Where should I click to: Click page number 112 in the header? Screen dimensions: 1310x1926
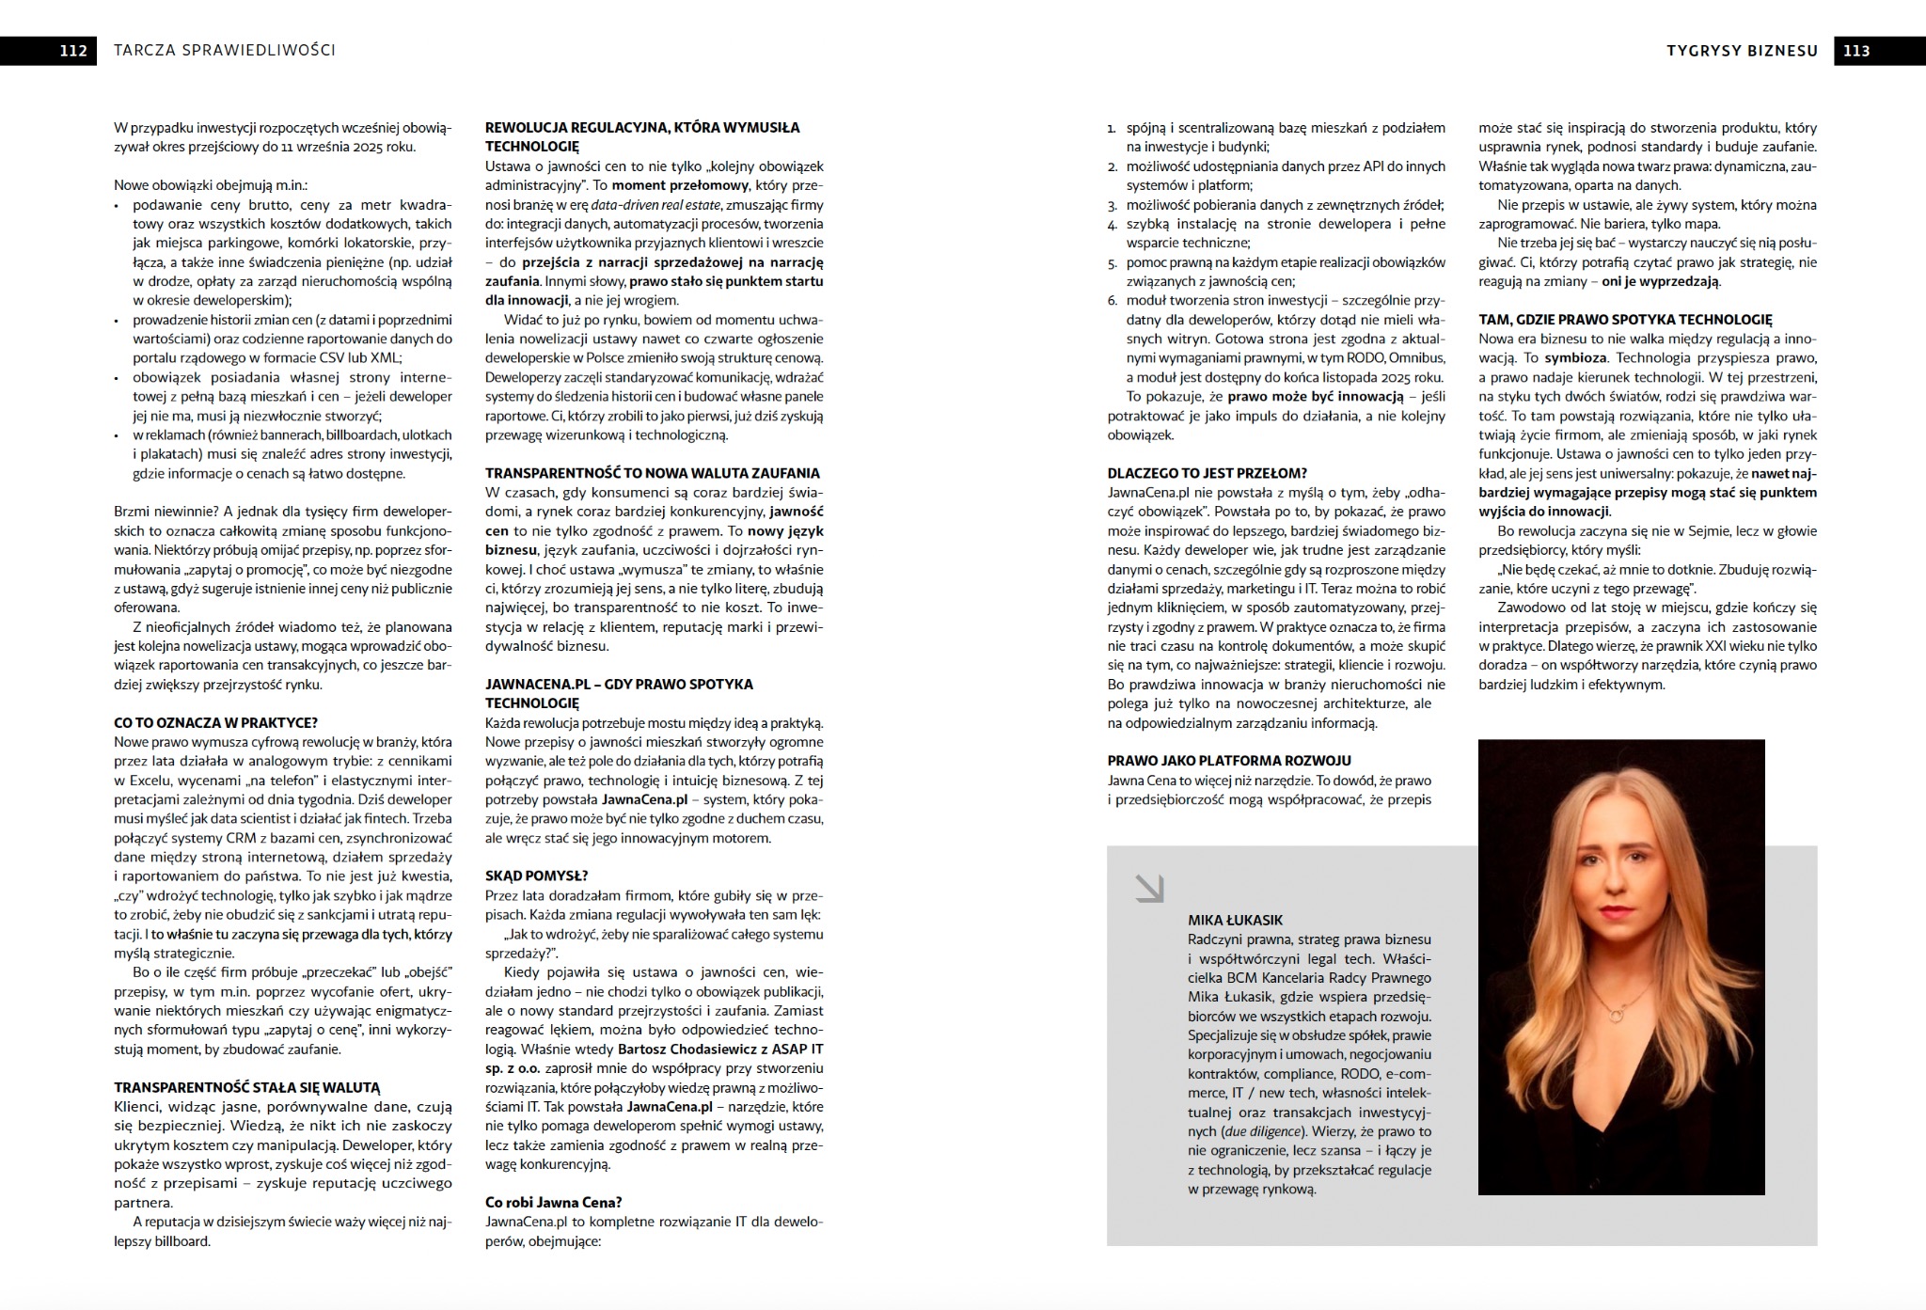72,51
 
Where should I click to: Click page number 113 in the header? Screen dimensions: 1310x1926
1855,51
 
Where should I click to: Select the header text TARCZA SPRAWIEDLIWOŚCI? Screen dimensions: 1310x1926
224,51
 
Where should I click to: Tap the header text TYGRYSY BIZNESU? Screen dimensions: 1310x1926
1743,51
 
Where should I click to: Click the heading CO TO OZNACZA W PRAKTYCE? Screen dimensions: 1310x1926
215,722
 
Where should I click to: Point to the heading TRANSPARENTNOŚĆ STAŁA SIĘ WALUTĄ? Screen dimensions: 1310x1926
247,1087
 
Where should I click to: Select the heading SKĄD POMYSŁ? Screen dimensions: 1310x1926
536,876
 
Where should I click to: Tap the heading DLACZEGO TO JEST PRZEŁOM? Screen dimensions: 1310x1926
1208,473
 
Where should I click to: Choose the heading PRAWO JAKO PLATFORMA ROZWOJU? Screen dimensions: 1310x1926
1229,761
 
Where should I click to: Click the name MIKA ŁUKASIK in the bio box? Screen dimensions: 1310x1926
1235,920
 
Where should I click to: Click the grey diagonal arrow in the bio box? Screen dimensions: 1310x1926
1149,888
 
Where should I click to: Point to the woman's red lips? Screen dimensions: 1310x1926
1615,911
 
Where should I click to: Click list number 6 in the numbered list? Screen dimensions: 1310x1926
1112,301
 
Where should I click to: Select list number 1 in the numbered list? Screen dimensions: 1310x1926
1112,128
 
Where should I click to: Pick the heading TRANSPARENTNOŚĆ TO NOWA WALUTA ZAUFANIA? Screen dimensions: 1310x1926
653,473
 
